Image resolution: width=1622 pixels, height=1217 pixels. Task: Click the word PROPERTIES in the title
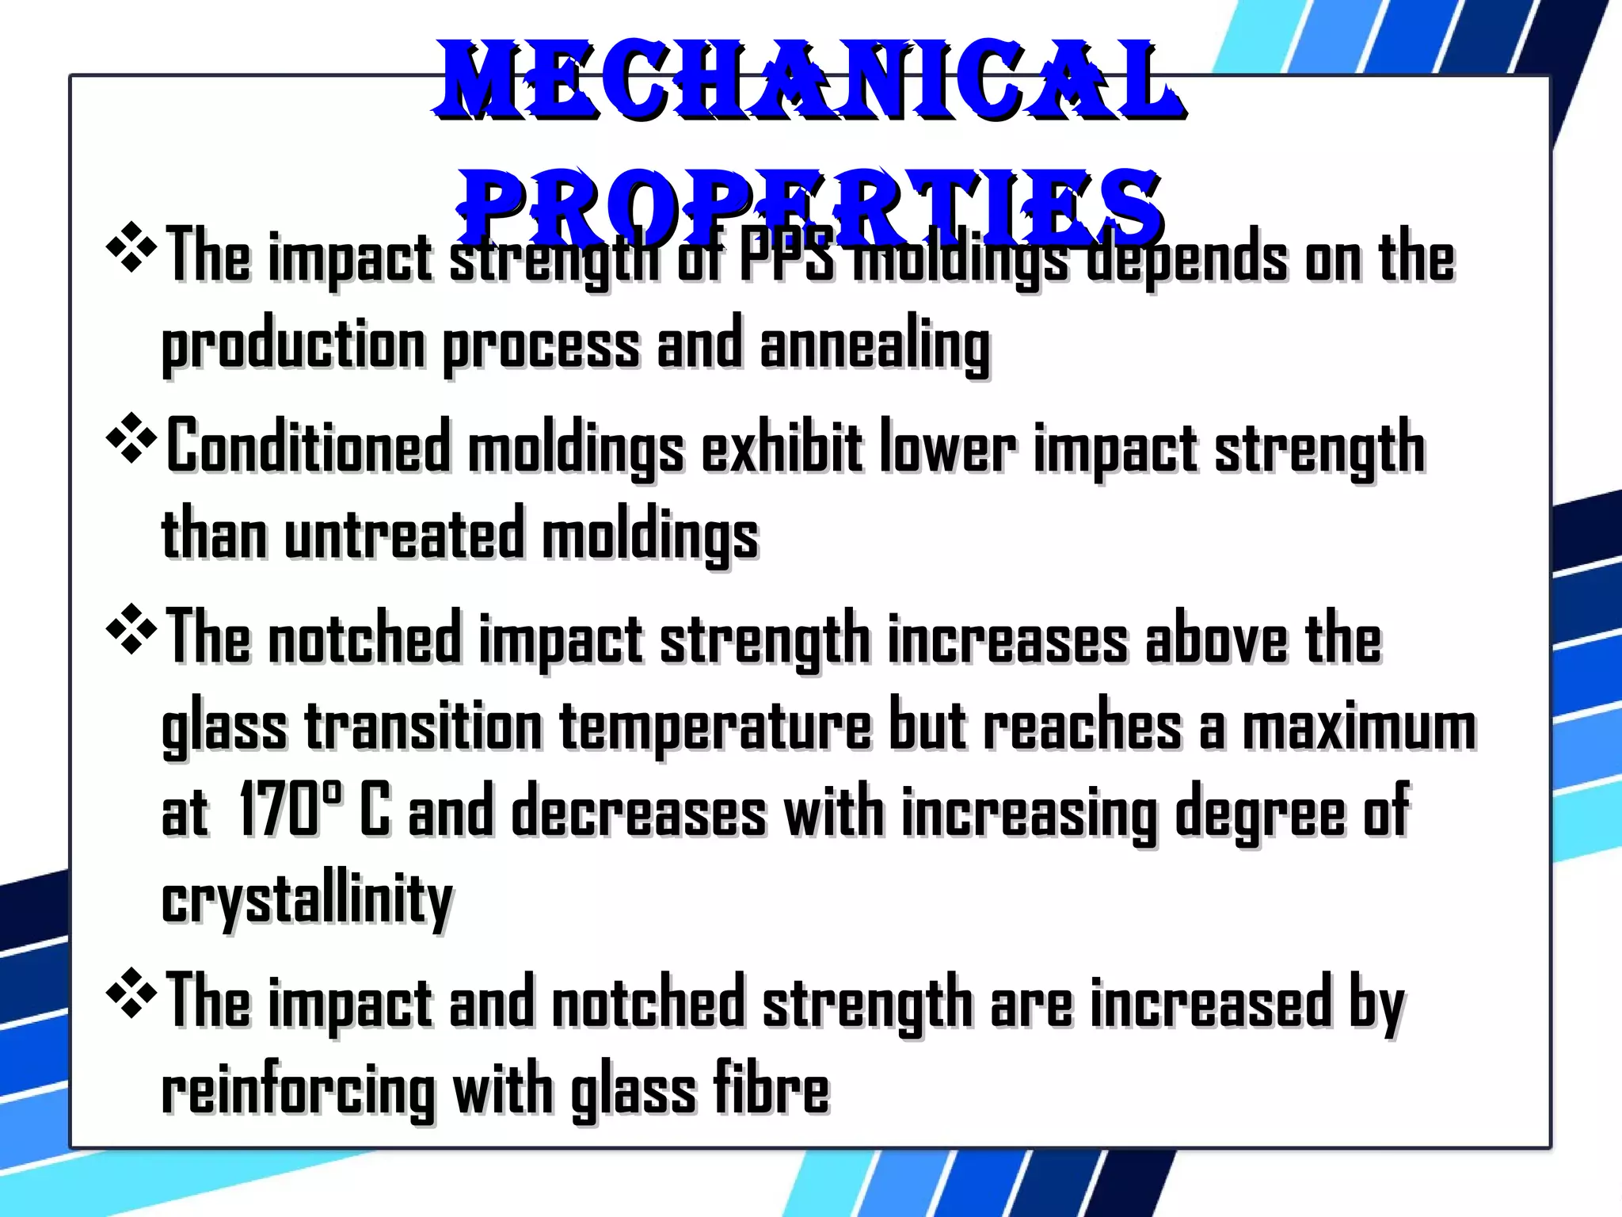[x=809, y=208]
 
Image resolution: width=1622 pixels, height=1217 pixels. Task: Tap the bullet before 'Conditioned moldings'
[x=131, y=438]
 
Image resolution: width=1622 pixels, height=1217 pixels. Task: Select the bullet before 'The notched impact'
[x=131, y=629]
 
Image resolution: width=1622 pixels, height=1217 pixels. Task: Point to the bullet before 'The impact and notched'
[x=131, y=992]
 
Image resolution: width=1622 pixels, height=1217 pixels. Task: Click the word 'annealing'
[x=874, y=347]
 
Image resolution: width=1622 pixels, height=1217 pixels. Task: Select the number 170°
[x=290, y=810]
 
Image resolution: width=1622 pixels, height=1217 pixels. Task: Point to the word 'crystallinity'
[x=307, y=902]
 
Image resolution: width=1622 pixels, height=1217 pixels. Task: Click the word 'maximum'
[x=1359, y=727]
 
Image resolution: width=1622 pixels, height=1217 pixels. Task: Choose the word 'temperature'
[x=715, y=727]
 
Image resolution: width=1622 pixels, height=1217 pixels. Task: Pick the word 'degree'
[x=1259, y=814]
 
